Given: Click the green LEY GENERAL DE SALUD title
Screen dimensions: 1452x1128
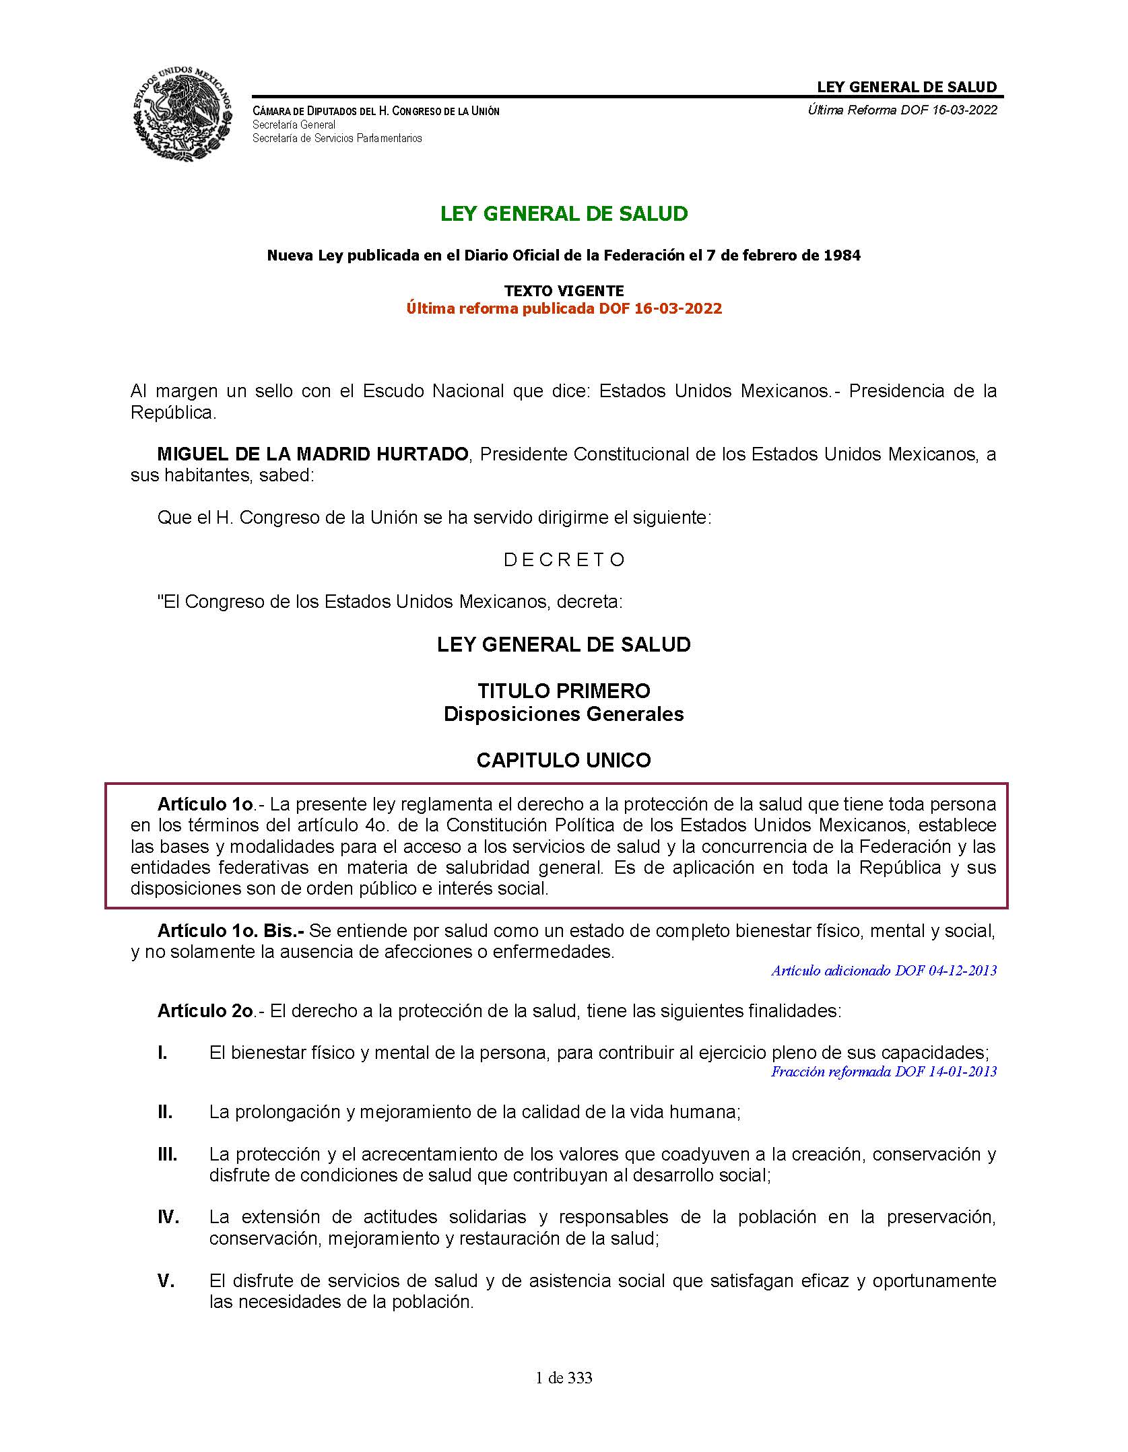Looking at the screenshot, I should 564,214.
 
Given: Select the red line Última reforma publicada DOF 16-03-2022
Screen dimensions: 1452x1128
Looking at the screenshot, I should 564,309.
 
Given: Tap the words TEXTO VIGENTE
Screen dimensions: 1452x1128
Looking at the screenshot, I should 564,291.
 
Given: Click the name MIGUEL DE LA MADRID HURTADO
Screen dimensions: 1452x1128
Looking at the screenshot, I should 312,454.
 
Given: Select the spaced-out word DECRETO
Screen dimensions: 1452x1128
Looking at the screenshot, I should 564,560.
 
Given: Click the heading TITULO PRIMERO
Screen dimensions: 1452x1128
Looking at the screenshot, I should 564,691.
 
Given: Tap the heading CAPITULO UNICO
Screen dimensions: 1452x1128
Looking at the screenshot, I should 564,761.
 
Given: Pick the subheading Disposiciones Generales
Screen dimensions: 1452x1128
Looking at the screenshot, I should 564,714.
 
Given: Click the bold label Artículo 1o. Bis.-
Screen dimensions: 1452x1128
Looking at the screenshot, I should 231,931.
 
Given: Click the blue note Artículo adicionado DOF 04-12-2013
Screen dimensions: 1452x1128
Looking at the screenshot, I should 884,971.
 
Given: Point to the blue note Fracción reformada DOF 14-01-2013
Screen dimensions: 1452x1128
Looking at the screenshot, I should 884,1072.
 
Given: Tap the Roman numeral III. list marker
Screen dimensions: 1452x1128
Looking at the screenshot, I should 167,1154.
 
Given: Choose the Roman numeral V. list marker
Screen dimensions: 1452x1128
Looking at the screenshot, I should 166,1281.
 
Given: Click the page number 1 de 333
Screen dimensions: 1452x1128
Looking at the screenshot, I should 564,1378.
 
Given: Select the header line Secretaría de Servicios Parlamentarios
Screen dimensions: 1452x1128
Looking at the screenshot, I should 337,139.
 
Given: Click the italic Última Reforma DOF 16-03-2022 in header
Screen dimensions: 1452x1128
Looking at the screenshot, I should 902,110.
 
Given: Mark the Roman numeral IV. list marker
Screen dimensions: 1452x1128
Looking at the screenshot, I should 168,1217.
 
